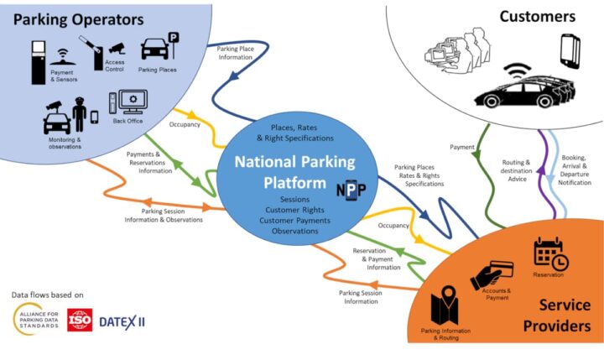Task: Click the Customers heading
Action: click(538, 16)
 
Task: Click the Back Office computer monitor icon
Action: click(133, 102)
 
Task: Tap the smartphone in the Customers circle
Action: click(570, 51)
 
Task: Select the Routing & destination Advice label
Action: click(516, 168)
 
